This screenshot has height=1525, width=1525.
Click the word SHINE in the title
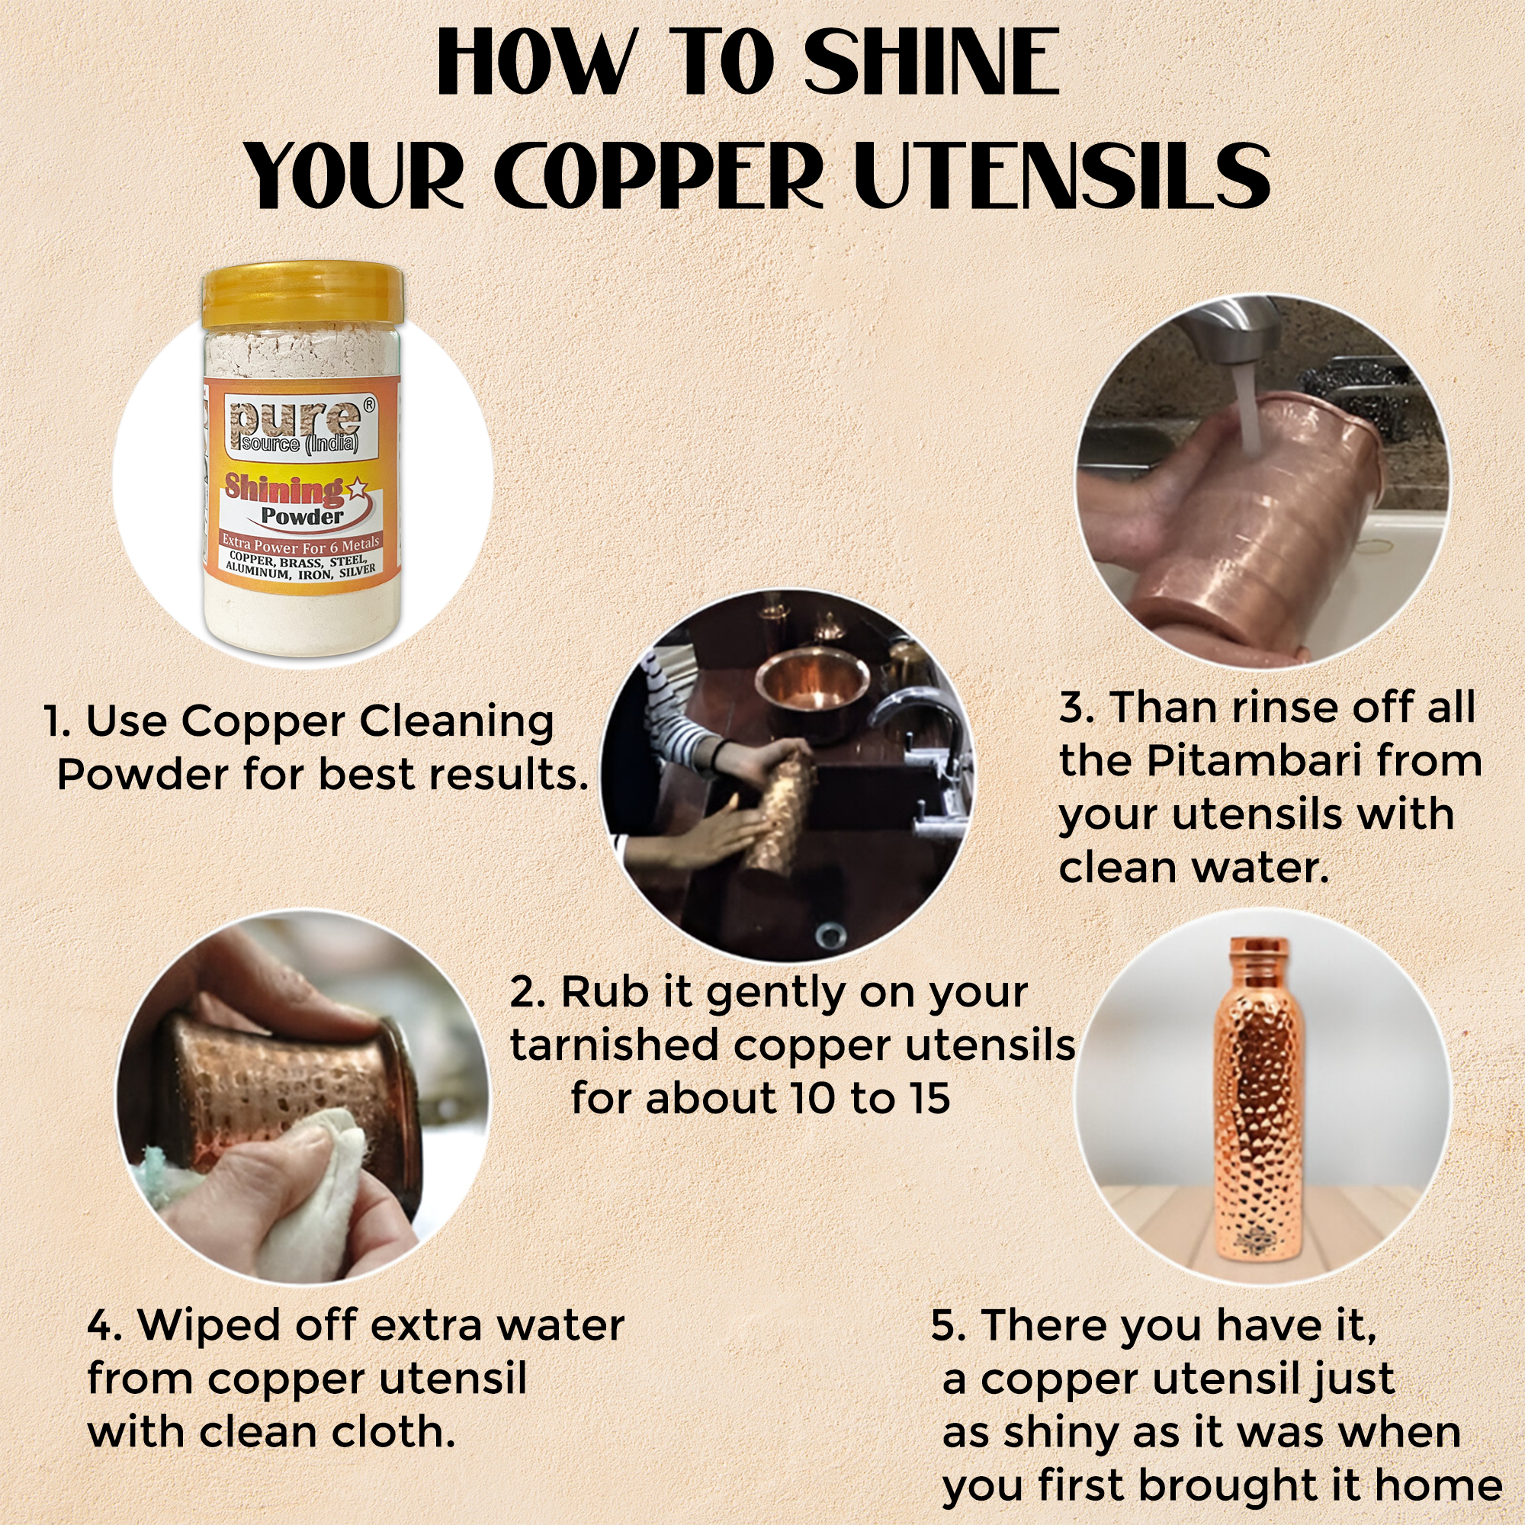[932, 63]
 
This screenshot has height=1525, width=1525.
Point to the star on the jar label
[357, 489]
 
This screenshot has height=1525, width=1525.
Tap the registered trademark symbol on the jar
[369, 403]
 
